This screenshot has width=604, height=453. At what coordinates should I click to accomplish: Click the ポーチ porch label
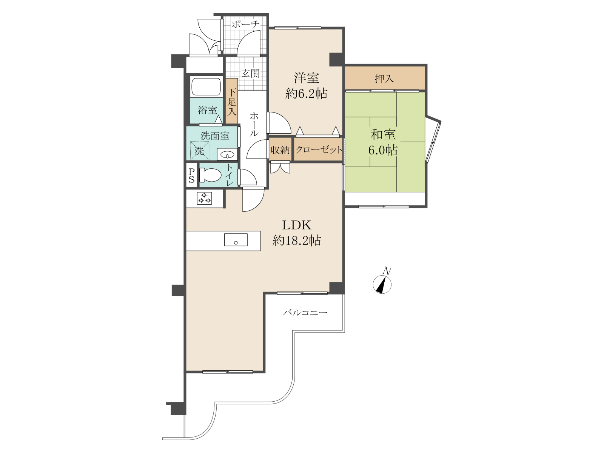245,25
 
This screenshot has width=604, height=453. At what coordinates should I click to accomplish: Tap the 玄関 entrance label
250,74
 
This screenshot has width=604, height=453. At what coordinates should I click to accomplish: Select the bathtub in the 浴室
206,86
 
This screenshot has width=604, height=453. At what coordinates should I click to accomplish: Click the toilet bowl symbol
210,175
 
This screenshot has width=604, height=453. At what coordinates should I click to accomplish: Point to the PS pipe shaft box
191,176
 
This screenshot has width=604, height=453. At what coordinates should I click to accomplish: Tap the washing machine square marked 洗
200,151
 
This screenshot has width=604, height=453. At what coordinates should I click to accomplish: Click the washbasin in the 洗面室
227,154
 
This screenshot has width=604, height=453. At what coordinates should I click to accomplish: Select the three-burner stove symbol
205,198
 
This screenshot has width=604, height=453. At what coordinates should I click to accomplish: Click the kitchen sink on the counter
236,240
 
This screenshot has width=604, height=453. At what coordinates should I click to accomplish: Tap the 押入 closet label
384,79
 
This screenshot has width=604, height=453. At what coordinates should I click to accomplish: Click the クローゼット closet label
319,150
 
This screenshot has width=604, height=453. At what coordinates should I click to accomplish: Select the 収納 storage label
280,150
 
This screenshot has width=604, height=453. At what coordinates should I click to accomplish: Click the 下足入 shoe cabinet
232,101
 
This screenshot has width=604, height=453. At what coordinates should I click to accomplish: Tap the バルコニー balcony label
305,313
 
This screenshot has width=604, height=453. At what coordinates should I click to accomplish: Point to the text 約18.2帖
297,241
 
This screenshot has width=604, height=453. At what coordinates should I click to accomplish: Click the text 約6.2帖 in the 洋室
306,94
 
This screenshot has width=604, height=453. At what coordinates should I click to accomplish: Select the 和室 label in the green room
383,134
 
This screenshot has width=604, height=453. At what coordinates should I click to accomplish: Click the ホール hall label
254,124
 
